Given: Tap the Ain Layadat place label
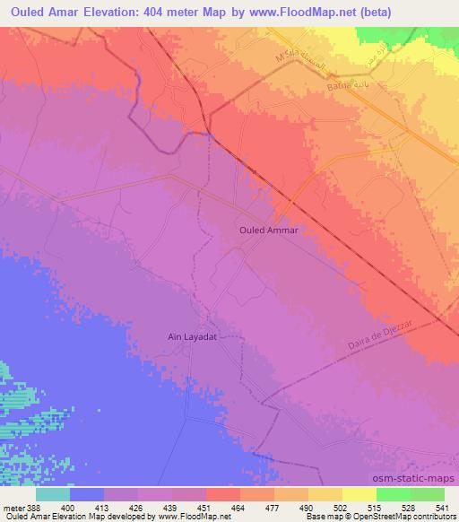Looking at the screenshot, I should click(x=194, y=337).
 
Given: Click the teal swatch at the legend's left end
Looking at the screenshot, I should click(x=53, y=494).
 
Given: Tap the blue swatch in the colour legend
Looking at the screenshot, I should click(x=87, y=494).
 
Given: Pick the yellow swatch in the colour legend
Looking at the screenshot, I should click(x=359, y=494).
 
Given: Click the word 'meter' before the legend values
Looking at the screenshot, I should click(x=12, y=483).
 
